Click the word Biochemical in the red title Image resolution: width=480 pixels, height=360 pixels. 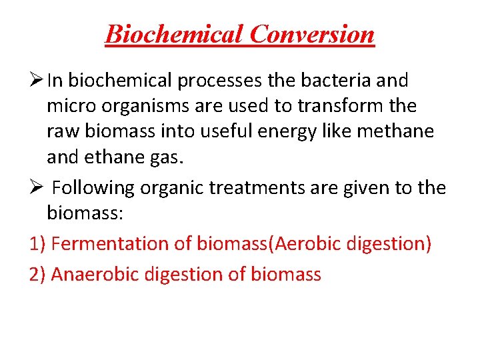point(174,33)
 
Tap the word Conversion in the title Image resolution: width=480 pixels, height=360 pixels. point(312,33)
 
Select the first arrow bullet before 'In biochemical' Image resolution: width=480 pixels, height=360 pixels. point(37,81)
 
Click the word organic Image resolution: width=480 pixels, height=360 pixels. point(179,189)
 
